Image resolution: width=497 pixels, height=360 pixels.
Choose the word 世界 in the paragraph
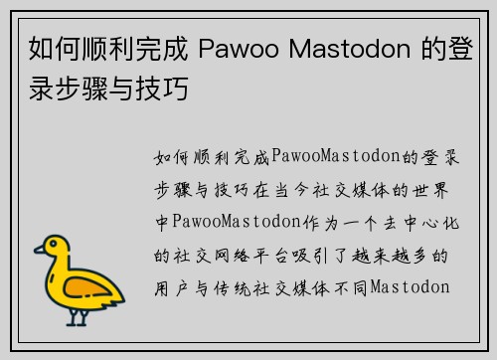coord(433,189)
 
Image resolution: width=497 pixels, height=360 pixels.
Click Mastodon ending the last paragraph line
coord(410,288)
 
